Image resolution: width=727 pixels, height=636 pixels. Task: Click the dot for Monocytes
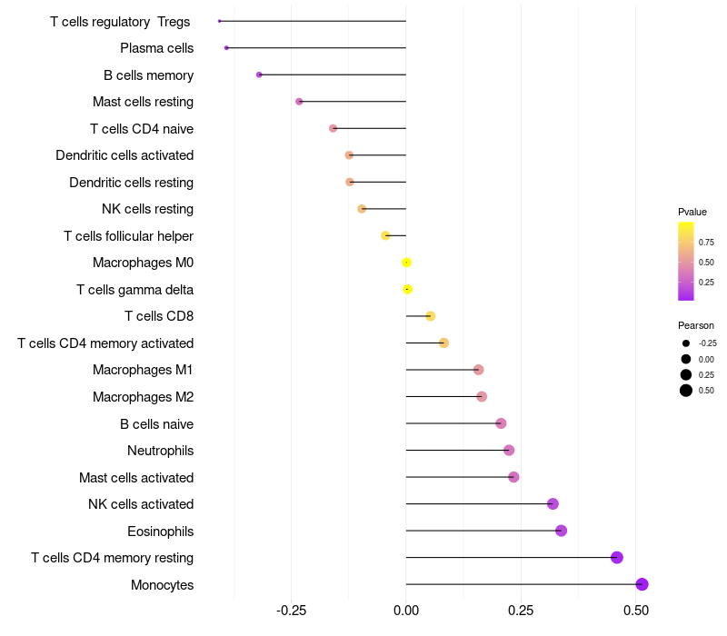[642, 584]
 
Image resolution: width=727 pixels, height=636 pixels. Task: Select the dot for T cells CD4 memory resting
[617, 558]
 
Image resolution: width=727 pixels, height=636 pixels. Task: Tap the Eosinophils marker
[561, 531]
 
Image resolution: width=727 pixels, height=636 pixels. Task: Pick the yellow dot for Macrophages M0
[407, 263]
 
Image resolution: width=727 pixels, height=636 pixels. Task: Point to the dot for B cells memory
[259, 75]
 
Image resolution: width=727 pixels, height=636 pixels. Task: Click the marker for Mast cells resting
[299, 102]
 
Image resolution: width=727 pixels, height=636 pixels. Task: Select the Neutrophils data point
[509, 451]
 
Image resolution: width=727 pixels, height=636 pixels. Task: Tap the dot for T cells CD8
[431, 316]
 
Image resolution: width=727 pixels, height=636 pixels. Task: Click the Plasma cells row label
[156, 48]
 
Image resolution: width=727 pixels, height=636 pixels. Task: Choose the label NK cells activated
[141, 504]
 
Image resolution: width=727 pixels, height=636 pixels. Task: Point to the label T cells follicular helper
[128, 236]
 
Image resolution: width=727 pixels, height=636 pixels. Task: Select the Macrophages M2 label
[143, 397]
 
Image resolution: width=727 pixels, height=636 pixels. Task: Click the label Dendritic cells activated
[124, 155]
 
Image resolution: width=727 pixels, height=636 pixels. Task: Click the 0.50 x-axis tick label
[635, 611]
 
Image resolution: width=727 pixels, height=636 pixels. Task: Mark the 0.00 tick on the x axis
[406, 611]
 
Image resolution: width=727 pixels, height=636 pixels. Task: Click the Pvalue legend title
[692, 212]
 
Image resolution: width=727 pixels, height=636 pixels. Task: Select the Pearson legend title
[696, 325]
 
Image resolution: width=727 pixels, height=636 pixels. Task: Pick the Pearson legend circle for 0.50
[686, 391]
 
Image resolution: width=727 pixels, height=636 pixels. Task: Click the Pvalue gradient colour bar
[686, 261]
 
